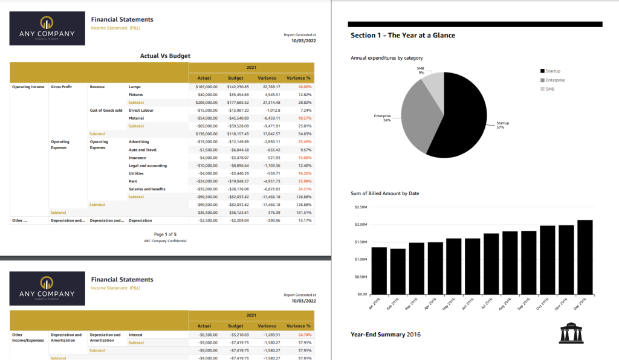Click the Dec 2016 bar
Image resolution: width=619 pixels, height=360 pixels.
[585, 257]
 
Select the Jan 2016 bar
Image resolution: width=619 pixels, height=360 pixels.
[379, 270]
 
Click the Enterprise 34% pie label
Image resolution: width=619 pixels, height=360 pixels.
[382, 118]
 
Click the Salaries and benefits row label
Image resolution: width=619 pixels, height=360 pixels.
[147, 189]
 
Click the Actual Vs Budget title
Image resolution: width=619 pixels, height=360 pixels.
[165, 56]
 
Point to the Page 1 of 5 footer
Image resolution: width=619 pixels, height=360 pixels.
[165, 234]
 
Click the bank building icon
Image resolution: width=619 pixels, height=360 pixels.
[572, 332]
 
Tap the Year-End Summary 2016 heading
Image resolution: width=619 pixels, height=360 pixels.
[386, 334]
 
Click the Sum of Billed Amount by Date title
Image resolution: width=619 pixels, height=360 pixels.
[384, 193]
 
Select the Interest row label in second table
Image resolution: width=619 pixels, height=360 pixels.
[135, 335]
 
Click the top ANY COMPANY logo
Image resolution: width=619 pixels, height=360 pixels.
[47, 29]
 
